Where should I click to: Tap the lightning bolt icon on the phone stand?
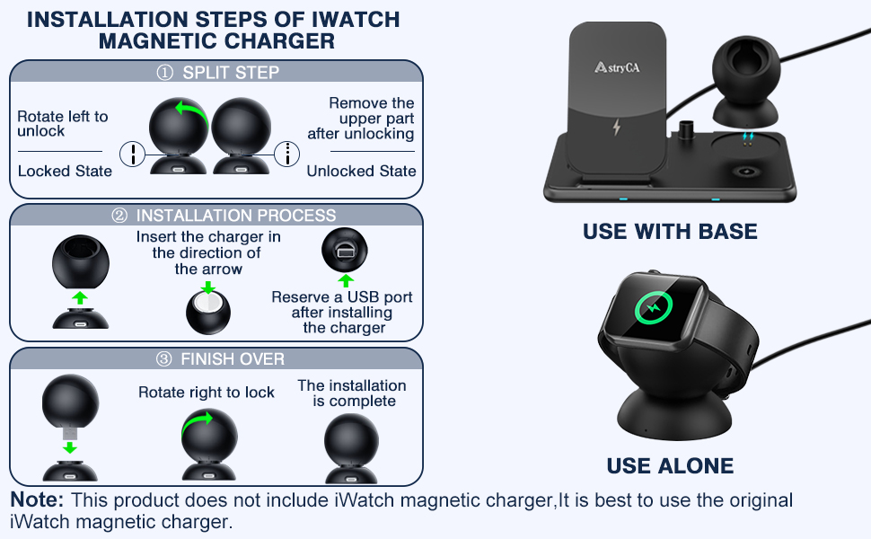(616, 127)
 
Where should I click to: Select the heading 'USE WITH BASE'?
(670, 232)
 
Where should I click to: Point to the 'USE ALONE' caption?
(670, 466)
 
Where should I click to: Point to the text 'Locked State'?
(65, 171)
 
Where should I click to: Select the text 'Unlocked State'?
(361, 171)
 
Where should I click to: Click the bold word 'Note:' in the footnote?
(37, 500)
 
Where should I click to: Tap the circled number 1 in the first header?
(163, 73)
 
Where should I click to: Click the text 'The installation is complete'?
(352, 393)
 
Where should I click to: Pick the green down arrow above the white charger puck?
(208, 287)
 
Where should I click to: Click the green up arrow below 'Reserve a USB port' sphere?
(346, 280)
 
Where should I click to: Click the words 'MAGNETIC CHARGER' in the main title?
(216, 41)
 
